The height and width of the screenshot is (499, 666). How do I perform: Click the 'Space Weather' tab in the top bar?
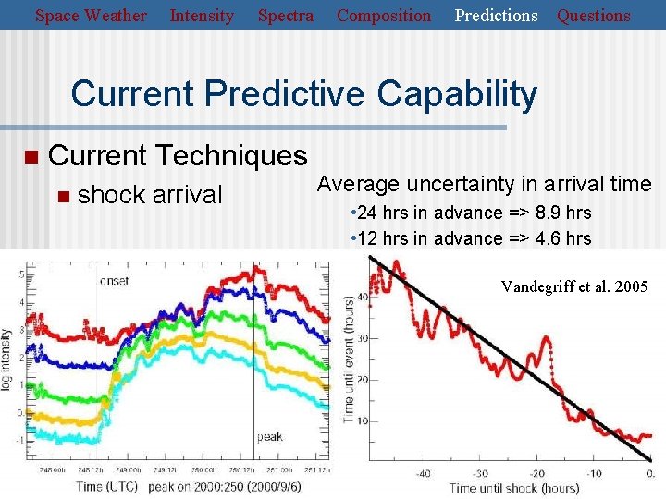[x=91, y=16]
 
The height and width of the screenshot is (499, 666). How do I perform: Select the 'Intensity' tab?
[x=202, y=16]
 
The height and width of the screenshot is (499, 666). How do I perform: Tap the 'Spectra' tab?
[x=286, y=16]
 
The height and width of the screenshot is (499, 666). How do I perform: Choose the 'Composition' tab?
[x=384, y=16]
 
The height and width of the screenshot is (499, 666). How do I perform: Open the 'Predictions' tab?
[x=497, y=16]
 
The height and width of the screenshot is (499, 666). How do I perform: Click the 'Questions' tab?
[x=593, y=16]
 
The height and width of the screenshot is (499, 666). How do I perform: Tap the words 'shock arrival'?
[x=151, y=195]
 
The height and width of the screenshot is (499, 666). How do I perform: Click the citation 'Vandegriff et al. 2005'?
[x=574, y=286]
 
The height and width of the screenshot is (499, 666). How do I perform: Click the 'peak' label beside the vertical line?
[x=269, y=436]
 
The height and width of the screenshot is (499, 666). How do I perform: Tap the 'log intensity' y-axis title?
[x=7, y=358]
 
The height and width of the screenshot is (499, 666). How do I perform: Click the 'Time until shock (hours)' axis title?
[x=514, y=488]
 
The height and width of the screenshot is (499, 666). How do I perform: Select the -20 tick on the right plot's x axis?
[x=547, y=474]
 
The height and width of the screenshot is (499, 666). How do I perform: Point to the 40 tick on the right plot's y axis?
[x=363, y=297]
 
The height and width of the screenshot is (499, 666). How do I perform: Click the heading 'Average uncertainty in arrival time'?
[x=484, y=185]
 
